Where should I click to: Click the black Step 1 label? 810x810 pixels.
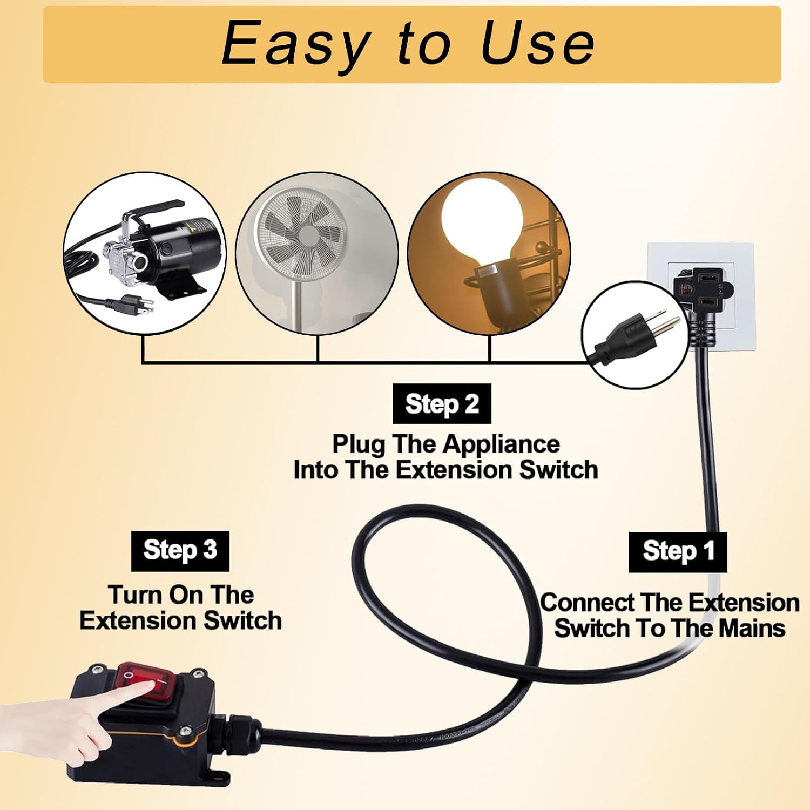pos(678,552)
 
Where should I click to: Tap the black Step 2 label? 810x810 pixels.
pos(442,404)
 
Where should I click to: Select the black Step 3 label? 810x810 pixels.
pos(180,551)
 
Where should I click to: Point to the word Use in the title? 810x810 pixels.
pos(538,43)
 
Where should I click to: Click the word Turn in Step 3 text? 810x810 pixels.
pos(134,595)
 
